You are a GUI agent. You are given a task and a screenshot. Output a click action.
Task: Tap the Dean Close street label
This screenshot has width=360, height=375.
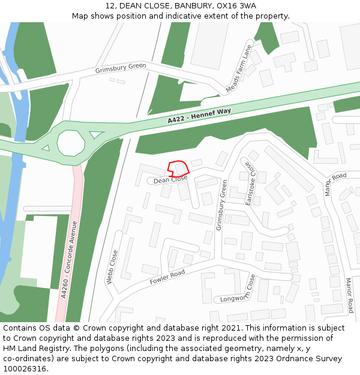click(170, 179)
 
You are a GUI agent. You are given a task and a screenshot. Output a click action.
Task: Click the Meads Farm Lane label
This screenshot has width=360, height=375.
click(239, 69)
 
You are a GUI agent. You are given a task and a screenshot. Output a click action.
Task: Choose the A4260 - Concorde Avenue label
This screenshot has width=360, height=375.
click(70, 259)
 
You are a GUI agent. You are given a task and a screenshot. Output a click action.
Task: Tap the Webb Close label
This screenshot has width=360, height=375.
click(112, 266)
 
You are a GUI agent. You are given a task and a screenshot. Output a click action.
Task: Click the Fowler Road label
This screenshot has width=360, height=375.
click(167, 277)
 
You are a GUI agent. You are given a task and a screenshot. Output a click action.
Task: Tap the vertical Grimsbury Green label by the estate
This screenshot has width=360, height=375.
click(221, 205)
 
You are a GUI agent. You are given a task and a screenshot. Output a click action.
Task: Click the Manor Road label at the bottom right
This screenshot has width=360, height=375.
click(349, 295)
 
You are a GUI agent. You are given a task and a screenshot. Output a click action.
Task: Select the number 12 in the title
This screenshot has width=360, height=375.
click(110, 6)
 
